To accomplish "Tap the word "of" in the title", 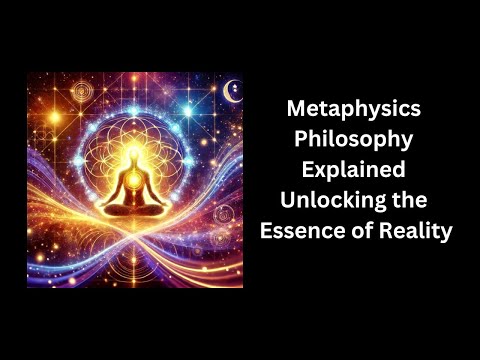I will pyautogui.click(x=360, y=231).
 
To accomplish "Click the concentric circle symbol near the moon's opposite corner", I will pyautogui.click(x=45, y=93).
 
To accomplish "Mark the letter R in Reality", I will pyautogui.click(x=389, y=231).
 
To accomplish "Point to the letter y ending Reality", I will pyautogui.click(x=447, y=233).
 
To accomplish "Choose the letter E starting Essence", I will pyautogui.click(x=266, y=231).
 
